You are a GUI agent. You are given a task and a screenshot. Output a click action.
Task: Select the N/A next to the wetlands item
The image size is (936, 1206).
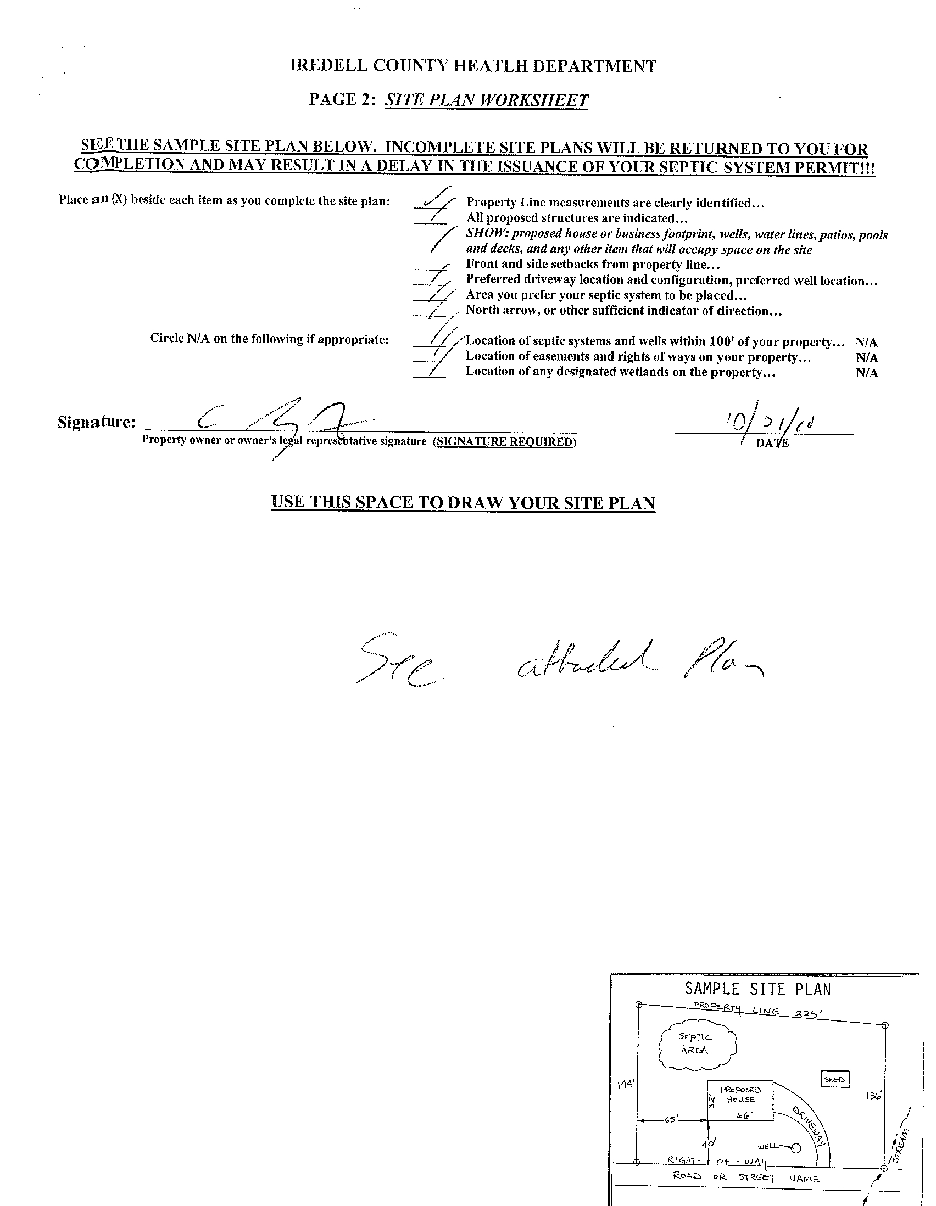click(x=866, y=373)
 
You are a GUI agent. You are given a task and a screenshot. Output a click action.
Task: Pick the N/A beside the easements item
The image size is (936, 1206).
click(x=866, y=358)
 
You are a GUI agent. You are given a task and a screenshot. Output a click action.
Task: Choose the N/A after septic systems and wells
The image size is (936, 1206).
click(x=866, y=343)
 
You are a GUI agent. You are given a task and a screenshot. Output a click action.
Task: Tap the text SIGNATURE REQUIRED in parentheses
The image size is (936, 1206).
click(x=504, y=442)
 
